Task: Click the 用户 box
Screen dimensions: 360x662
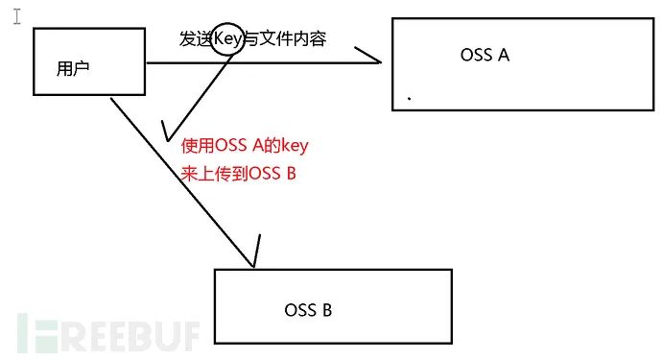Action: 88,60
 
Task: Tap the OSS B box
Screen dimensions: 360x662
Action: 332,305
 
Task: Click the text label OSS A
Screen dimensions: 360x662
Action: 485,55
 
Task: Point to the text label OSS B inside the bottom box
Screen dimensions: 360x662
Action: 308,310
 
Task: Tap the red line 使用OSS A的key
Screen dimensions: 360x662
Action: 245,147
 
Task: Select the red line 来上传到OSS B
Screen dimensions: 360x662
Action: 237,174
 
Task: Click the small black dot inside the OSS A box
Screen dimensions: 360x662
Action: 410,98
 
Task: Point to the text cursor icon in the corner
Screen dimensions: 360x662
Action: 15,17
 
